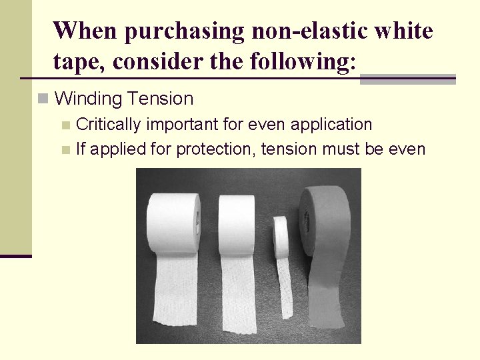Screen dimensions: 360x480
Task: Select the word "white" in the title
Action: coord(403,31)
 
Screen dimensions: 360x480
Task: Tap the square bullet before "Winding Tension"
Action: coord(43,99)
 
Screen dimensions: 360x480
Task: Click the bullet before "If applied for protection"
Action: coord(65,149)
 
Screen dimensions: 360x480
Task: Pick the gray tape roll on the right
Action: coord(325,220)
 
